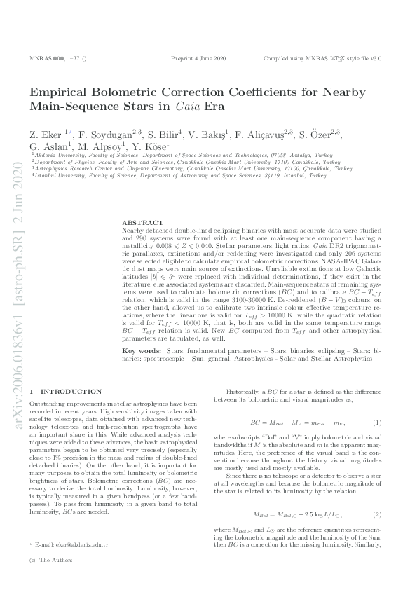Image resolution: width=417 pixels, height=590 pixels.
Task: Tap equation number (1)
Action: click(377, 423)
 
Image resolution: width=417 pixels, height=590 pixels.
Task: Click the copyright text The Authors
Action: click(55, 561)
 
